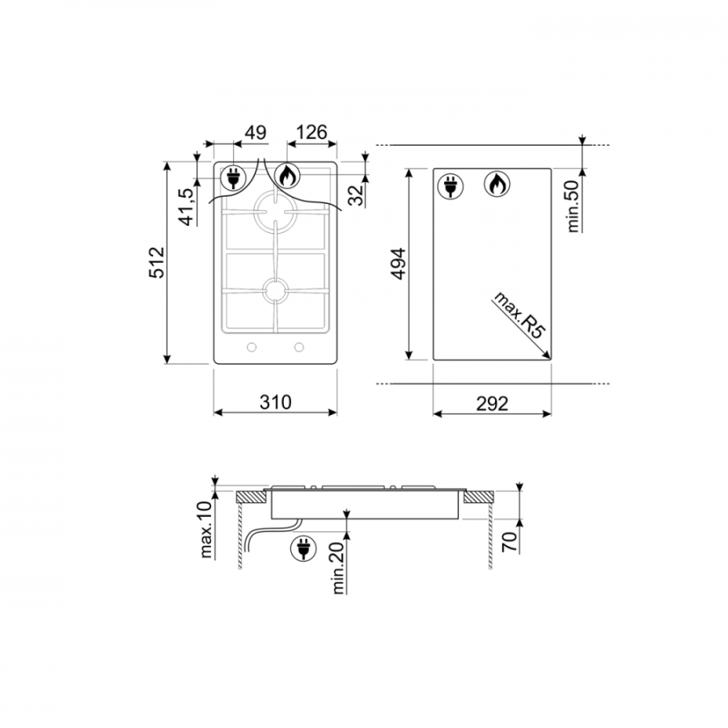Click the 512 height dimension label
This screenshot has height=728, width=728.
click(x=157, y=263)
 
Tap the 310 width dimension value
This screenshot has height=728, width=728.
click(x=275, y=402)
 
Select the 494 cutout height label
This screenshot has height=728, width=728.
click(x=399, y=264)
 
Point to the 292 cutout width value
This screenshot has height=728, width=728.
click(x=492, y=404)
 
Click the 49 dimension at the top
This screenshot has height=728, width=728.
click(x=256, y=133)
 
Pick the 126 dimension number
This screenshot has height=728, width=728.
click(x=311, y=133)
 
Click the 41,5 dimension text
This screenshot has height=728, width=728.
click(x=187, y=206)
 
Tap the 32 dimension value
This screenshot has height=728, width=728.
click(x=356, y=196)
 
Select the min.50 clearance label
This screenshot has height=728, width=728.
click(x=574, y=206)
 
